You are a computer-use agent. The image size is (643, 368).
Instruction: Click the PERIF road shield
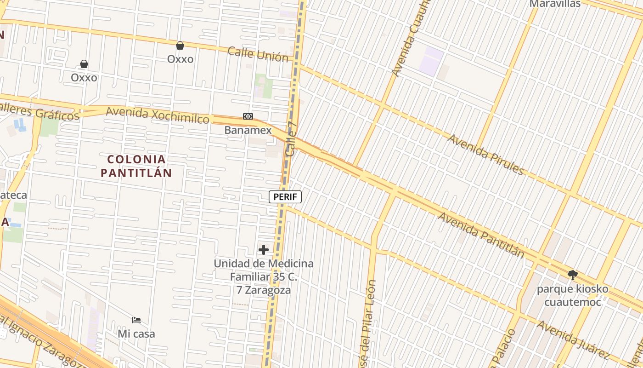point(285,197)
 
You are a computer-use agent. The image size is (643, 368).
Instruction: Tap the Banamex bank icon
point(248,116)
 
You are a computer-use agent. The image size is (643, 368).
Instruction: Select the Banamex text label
point(248,130)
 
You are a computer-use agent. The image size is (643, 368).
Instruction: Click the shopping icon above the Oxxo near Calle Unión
point(180,46)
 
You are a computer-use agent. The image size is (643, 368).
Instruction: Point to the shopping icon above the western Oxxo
point(84,64)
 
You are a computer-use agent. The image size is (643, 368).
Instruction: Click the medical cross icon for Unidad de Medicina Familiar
point(264,250)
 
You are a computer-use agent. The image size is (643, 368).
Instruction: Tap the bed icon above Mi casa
point(136,320)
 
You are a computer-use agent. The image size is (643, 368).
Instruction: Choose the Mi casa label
point(136,333)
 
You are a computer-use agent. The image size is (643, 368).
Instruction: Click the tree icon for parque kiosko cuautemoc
point(572,275)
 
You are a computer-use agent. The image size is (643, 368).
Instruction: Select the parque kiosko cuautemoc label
point(573,295)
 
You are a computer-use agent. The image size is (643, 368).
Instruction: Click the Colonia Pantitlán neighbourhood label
point(136,166)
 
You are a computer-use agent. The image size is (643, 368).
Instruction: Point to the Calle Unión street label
point(258,54)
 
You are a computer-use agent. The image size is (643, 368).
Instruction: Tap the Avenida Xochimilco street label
point(158,115)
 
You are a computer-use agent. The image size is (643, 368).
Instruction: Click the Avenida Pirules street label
point(486,155)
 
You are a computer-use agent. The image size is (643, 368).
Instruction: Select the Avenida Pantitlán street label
point(481,235)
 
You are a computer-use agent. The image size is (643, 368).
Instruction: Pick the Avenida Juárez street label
point(574,340)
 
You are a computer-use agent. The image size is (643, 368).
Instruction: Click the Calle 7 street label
point(291,139)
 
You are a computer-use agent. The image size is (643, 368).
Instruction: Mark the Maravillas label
point(555,4)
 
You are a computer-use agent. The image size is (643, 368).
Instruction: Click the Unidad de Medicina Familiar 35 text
point(264,277)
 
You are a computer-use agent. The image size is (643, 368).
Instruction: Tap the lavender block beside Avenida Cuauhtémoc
point(431,61)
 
